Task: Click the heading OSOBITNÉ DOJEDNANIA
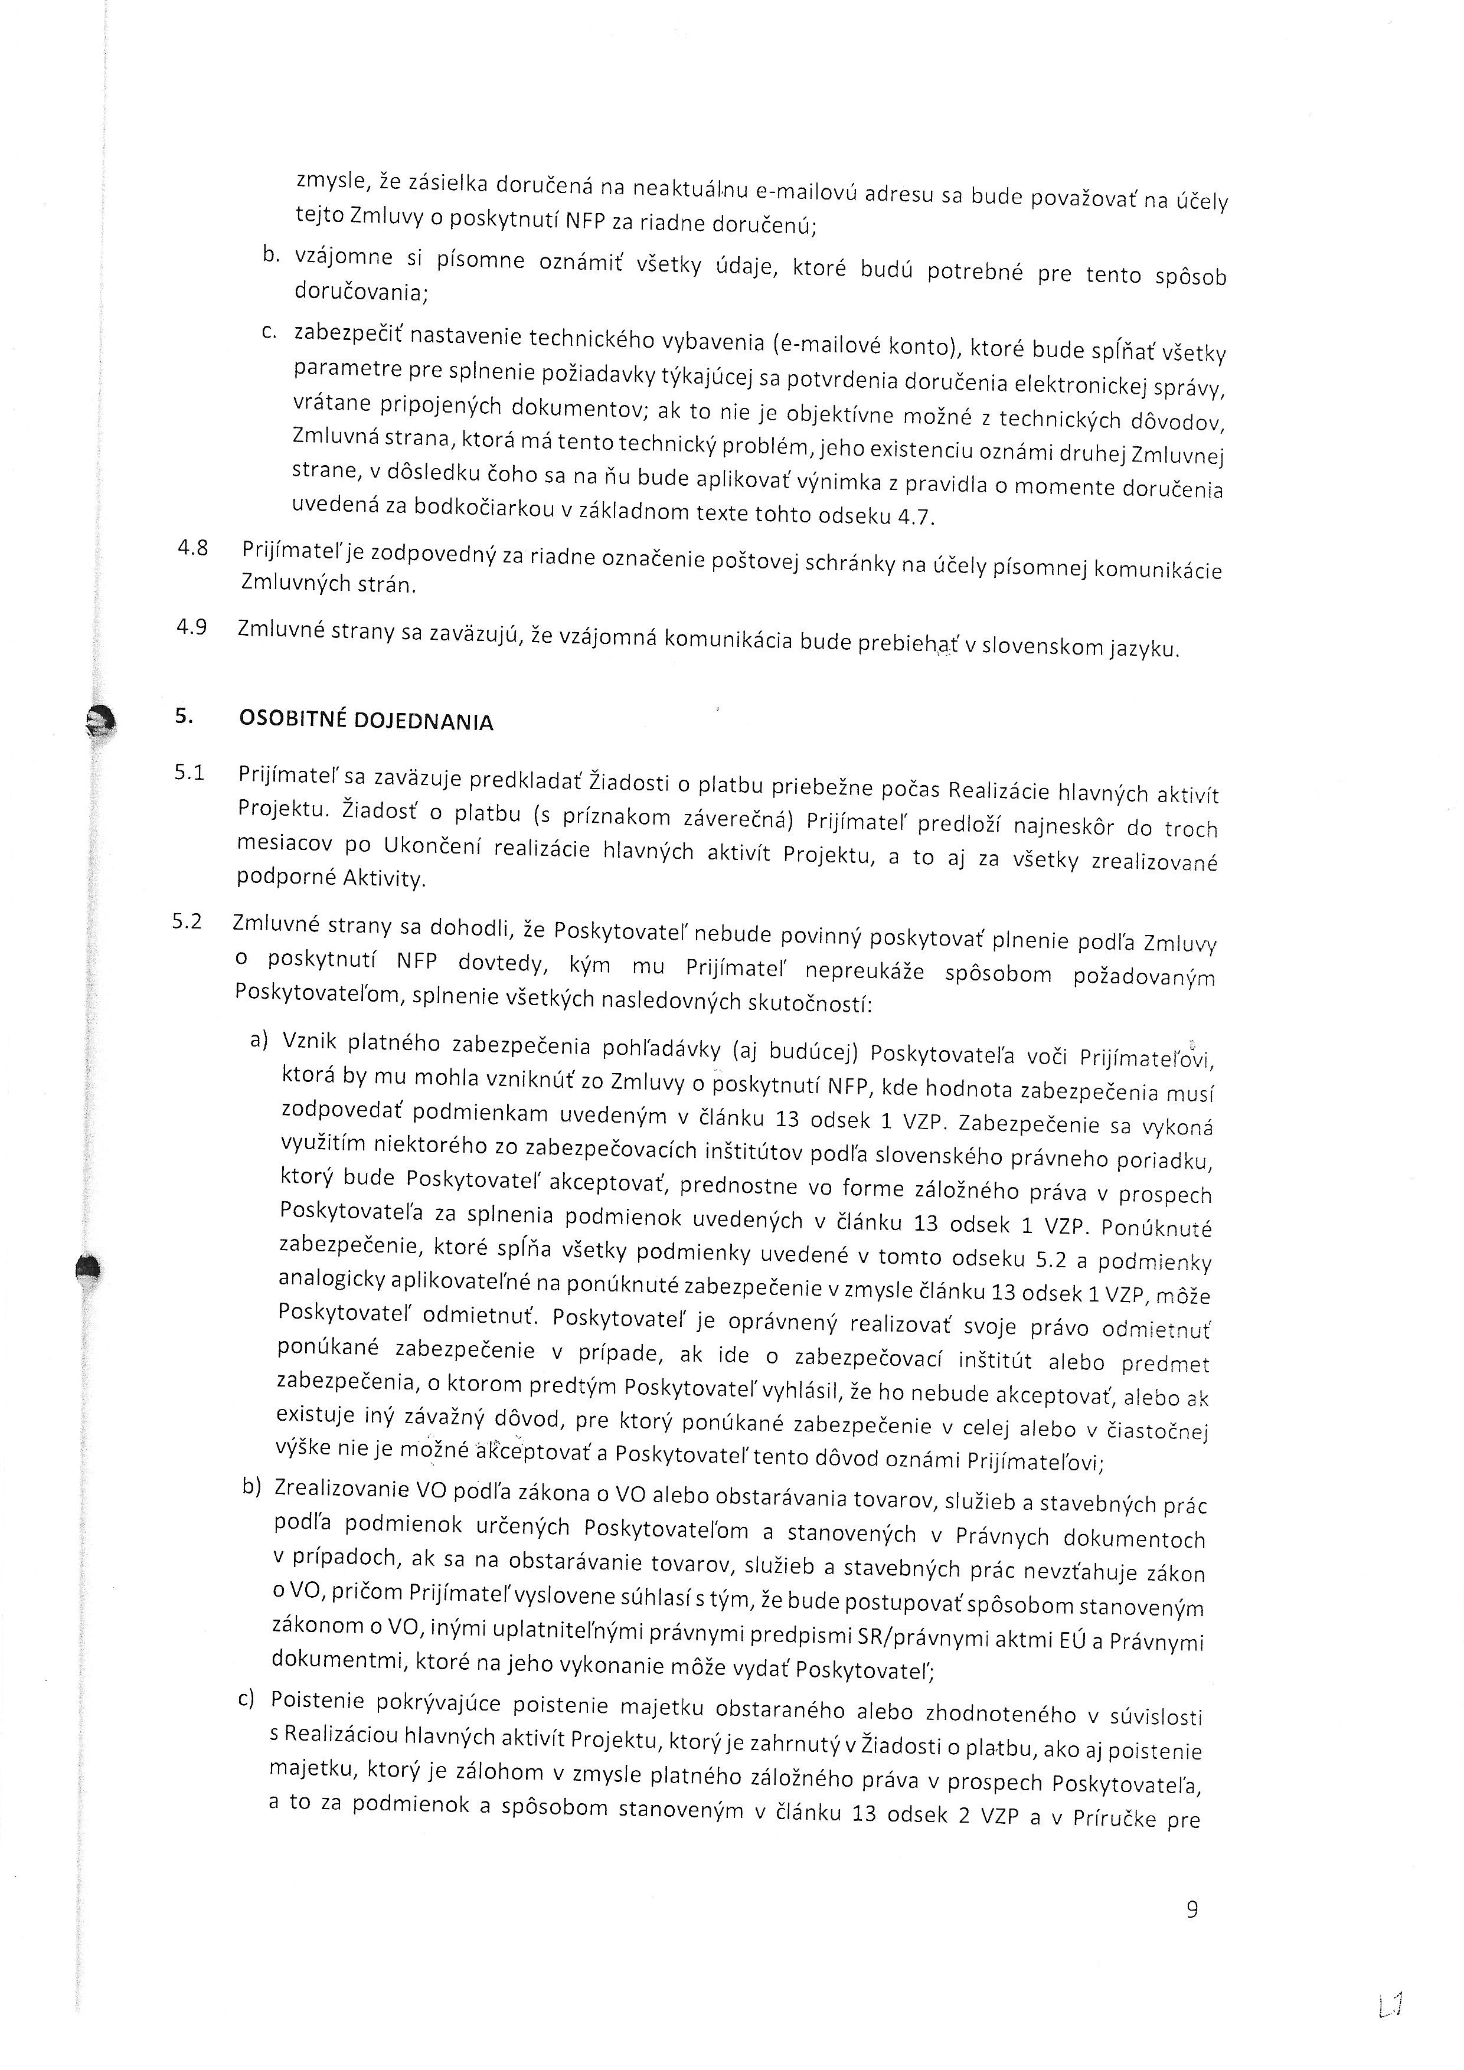click(x=366, y=720)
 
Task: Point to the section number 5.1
click(x=189, y=773)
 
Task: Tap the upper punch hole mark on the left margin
click(x=97, y=720)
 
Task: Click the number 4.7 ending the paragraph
click(x=918, y=518)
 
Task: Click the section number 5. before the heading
click(x=184, y=716)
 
